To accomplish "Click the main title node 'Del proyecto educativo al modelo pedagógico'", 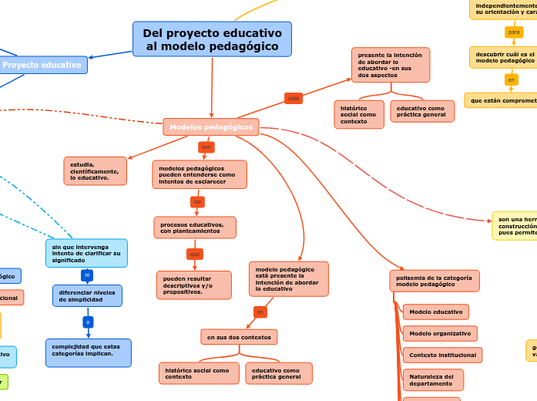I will pos(212,39).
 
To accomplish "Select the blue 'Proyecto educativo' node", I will pos(42,66).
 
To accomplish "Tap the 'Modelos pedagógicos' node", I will pos(211,127).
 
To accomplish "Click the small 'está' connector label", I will pos(293,99).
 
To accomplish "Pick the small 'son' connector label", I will pos(206,147).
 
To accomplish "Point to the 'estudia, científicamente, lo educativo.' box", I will pos(95,171).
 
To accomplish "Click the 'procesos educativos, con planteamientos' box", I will pos(194,227).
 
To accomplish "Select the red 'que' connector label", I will pos(194,254).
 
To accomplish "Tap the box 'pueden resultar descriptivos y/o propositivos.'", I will pos(193,285).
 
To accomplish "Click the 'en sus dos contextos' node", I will pos(239,337).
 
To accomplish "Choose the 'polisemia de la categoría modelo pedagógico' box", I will pos(434,281).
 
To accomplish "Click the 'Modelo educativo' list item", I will pos(435,312).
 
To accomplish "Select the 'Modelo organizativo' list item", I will pos(439,334).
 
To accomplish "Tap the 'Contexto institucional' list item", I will pos(442,355).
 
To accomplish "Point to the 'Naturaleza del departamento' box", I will pos(432,380).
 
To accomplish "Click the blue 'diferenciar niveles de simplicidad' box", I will pos(87,296).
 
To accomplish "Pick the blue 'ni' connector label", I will pos(87,275).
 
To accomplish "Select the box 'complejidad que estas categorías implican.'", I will pos(88,352).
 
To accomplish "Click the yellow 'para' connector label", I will pos(514,32).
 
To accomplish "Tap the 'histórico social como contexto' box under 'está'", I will pos(358,114).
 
